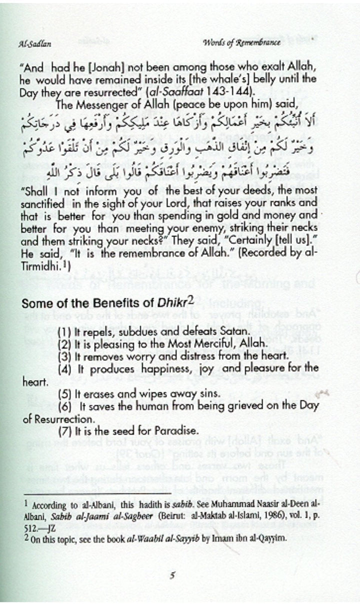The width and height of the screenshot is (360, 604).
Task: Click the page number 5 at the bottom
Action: tap(172, 575)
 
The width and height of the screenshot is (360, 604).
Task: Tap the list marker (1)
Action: tap(64, 331)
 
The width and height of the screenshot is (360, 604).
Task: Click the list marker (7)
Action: tap(64, 430)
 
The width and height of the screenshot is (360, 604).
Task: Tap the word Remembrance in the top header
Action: tap(259, 43)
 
